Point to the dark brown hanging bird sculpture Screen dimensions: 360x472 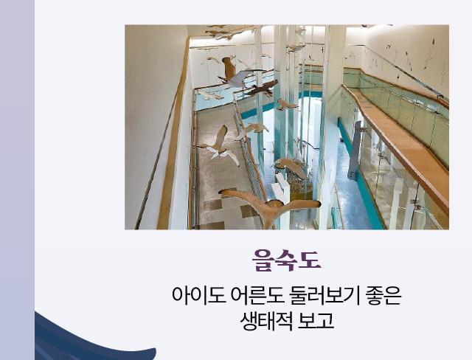260,89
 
